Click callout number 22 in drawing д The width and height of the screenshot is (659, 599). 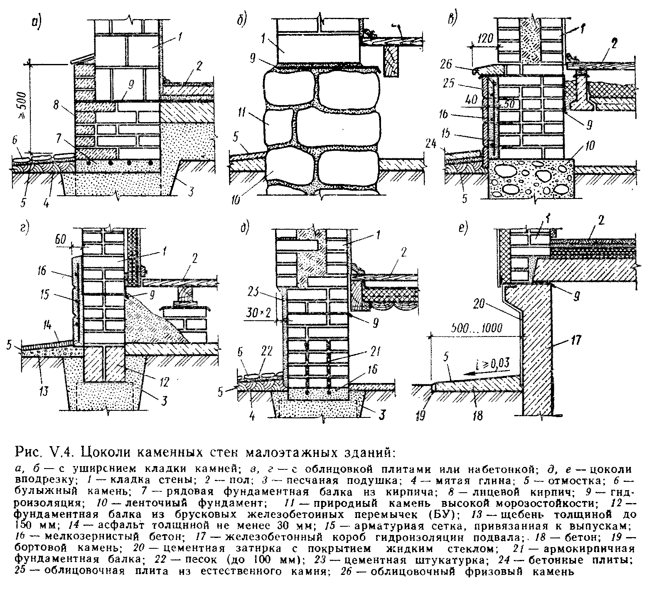click(x=266, y=352)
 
